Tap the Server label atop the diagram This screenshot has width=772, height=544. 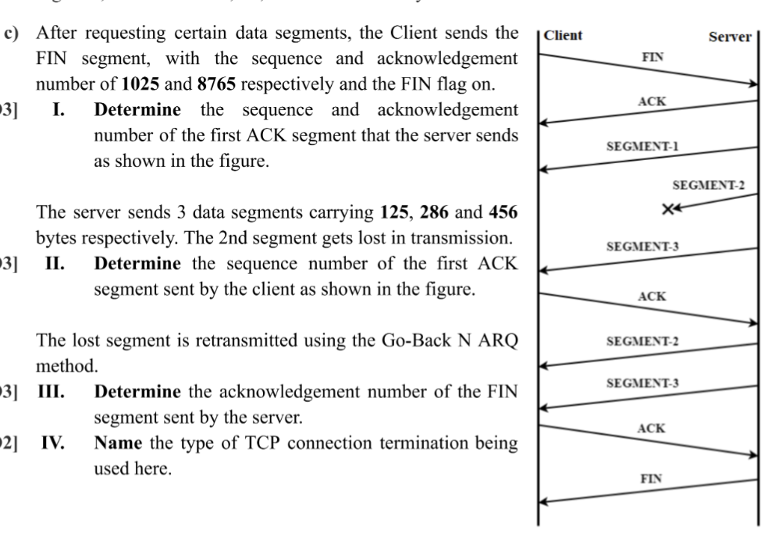pos(730,36)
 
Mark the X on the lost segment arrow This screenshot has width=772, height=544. pos(667,208)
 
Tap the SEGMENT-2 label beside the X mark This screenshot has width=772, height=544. pos(708,185)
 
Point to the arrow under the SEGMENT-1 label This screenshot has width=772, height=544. pos(647,159)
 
